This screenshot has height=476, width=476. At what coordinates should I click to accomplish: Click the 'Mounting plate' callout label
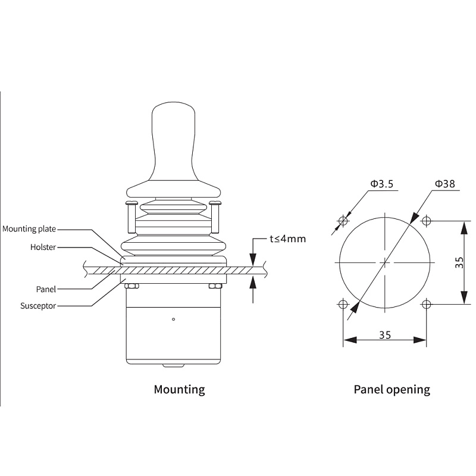tap(29, 229)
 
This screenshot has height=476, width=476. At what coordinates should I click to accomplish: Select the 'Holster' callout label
tap(43, 247)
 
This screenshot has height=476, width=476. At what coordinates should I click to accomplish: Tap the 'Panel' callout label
tap(46, 289)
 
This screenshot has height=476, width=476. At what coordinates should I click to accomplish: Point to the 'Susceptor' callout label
tap(38, 306)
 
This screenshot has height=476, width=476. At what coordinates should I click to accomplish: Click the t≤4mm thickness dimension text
tap(288, 239)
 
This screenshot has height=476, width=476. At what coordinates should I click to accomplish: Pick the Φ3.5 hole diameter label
tap(381, 184)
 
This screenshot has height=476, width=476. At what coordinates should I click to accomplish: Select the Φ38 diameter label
tap(445, 184)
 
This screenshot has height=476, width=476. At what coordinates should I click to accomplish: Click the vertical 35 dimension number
tap(459, 262)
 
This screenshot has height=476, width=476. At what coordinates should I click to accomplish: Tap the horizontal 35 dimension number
tap(385, 335)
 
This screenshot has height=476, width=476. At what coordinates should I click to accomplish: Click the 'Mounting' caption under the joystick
tap(180, 390)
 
